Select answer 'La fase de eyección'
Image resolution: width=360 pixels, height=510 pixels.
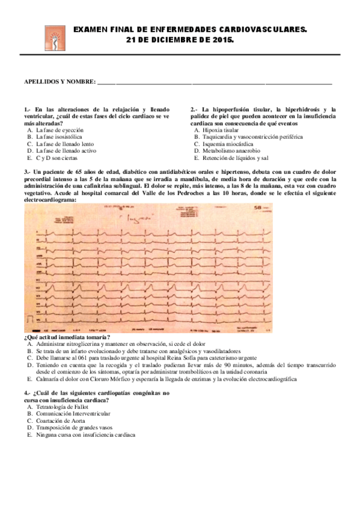(x=59, y=130)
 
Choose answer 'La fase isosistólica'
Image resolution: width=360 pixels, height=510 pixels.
(x=59, y=137)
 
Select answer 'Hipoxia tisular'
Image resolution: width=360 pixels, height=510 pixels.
(x=220, y=130)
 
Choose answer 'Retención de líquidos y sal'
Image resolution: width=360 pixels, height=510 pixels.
(x=235, y=158)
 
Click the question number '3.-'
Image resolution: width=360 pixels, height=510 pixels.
(x=28, y=173)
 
